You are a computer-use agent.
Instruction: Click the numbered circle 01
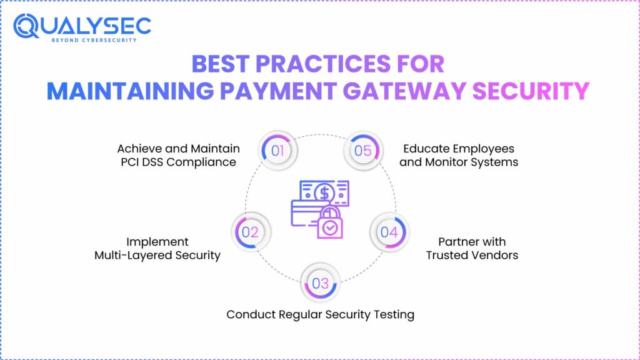tap(277, 150)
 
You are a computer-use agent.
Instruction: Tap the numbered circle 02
tap(250, 232)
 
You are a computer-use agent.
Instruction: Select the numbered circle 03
tap(321, 283)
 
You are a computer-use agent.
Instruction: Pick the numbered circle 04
tap(389, 232)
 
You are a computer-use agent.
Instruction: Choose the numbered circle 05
tap(363, 150)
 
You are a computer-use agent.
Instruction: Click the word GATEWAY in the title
tap(404, 91)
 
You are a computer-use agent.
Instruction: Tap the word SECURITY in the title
tap(531, 91)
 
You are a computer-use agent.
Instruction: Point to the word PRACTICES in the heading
tap(323, 64)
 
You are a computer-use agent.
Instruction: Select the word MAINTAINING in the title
tap(130, 91)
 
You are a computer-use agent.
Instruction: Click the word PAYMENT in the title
tap(278, 91)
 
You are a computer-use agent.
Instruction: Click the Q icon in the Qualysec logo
tap(26, 26)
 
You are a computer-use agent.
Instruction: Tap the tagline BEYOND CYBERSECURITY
tap(94, 40)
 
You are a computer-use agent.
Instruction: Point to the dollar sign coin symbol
tap(324, 193)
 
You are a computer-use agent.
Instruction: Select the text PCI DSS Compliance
tap(178, 162)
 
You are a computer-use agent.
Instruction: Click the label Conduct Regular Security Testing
tap(321, 314)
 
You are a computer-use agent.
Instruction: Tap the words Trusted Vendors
tap(472, 255)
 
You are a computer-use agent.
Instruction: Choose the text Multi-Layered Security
tap(157, 255)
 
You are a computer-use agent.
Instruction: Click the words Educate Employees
tap(459, 149)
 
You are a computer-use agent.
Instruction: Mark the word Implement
tap(157, 242)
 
